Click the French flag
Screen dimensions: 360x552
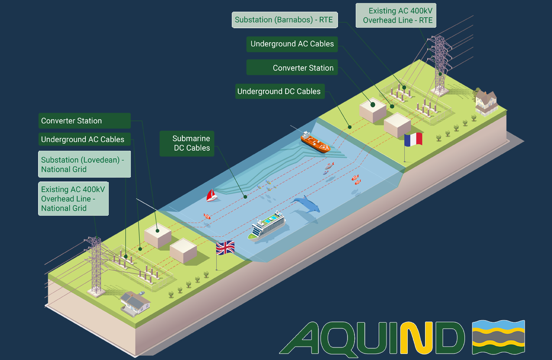pos(413,139)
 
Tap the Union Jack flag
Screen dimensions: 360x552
pos(225,248)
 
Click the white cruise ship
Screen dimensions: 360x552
pos(267,225)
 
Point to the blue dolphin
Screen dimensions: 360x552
pos(307,204)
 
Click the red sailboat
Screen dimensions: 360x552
pos(212,195)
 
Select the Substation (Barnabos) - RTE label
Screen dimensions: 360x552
pos(284,19)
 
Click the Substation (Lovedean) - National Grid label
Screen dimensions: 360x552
pos(84,165)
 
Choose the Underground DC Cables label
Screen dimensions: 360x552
pos(279,91)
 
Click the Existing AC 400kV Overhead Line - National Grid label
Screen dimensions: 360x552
pos(73,199)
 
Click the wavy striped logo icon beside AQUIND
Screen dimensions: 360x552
pos(498,337)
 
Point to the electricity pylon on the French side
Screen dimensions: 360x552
pos(440,65)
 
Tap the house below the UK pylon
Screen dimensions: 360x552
pos(135,302)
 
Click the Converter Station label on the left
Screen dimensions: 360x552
pos(84,121)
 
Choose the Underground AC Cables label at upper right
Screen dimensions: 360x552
pos(292,44)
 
